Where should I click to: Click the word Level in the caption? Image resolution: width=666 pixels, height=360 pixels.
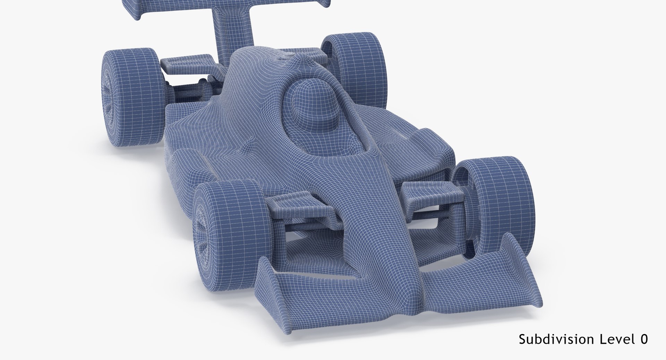pos(614,339)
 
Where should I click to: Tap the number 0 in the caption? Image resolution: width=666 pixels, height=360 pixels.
pos(644,339)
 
